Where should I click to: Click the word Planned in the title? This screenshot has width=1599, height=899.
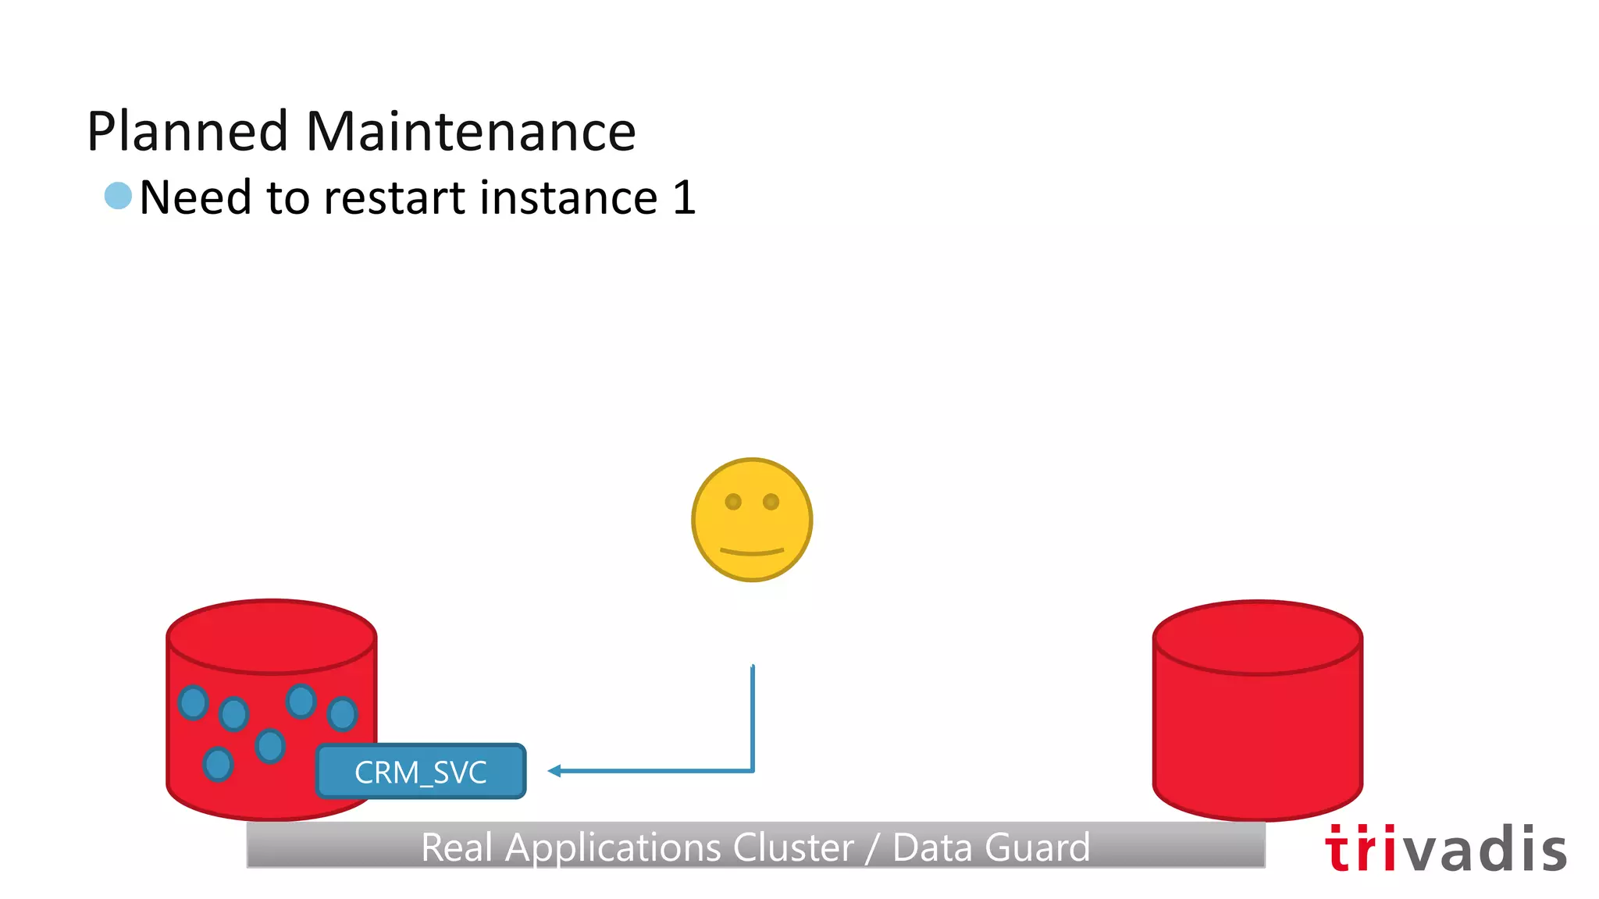click(x=188, y=131)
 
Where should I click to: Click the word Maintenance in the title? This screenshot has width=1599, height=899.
click(x=471, y=131)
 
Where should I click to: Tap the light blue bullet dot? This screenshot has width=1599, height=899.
click(x=118, y=195)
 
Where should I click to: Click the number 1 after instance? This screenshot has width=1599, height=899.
click(x=683, y=197)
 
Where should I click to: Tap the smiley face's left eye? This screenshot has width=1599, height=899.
click(x=733, y=502)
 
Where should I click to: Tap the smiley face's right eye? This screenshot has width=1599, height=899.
click(x=771, y=502)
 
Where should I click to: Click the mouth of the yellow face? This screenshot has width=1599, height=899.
click(x=752, y=552)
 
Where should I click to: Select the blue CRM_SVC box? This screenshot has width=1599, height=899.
click(x=421, y=771)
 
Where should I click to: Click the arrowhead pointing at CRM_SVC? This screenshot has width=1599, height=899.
click(x=554, y=771)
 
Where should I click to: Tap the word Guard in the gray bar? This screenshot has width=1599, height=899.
click(x=1038, y=847)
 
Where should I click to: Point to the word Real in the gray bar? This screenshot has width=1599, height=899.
click(x=457, y=847)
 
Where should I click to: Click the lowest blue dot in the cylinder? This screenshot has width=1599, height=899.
click(x=218, y=763)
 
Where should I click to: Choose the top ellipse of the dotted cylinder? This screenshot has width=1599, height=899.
click(x=272, y=636)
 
